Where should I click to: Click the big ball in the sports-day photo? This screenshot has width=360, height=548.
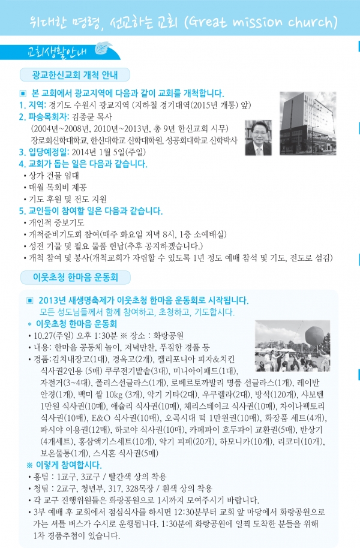pos(311,336)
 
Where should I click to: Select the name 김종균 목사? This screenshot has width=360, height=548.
pos(92,116)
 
